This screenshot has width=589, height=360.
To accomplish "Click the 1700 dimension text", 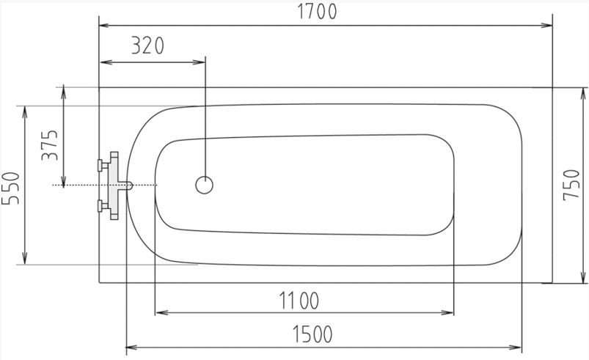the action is [317, 11].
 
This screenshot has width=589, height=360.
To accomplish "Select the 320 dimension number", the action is [147, 45].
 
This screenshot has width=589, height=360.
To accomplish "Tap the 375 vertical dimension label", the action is [50, 145].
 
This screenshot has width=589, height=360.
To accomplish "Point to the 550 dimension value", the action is [10, 188].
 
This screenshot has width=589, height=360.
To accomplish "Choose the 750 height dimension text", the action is [571, 185].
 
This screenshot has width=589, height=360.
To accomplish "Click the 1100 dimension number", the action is [299, 301].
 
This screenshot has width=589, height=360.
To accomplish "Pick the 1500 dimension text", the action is [312, 334].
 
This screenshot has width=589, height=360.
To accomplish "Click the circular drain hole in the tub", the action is [205, 185].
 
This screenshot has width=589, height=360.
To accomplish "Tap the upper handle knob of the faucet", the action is [100, 165].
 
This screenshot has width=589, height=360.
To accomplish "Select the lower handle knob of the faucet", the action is [100, 206].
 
